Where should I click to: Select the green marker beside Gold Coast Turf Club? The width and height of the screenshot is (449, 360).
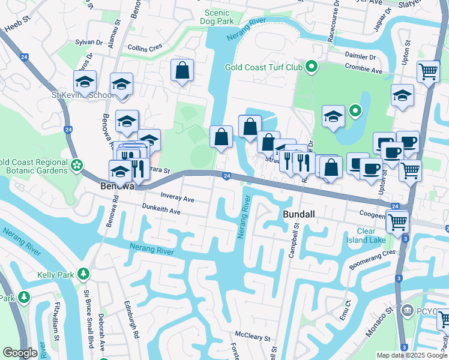pyautogui.click(x=311, y=67)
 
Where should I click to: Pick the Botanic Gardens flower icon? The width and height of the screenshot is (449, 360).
pyautogui.click(x=76, y=165)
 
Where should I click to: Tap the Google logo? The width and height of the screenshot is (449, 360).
pyautogui.click(x=20, y=353)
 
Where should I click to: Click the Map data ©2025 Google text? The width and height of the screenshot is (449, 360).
pyautogui.click(x=411, y=355)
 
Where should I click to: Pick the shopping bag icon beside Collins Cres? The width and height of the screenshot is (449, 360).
pyautogui.click(x=182, y=71)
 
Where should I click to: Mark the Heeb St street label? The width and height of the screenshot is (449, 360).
pyautogui.click(x=17, y=28)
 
